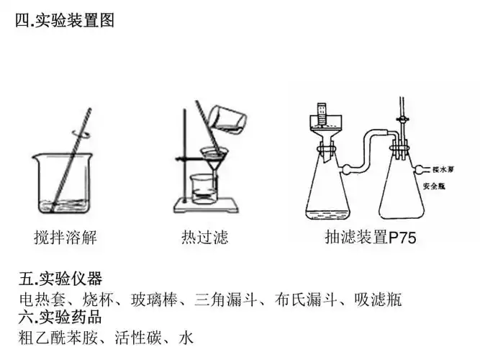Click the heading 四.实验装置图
64,21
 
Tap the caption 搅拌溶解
65,237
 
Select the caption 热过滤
205,237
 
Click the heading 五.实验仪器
60,279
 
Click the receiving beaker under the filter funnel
202,189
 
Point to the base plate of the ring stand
209,210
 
